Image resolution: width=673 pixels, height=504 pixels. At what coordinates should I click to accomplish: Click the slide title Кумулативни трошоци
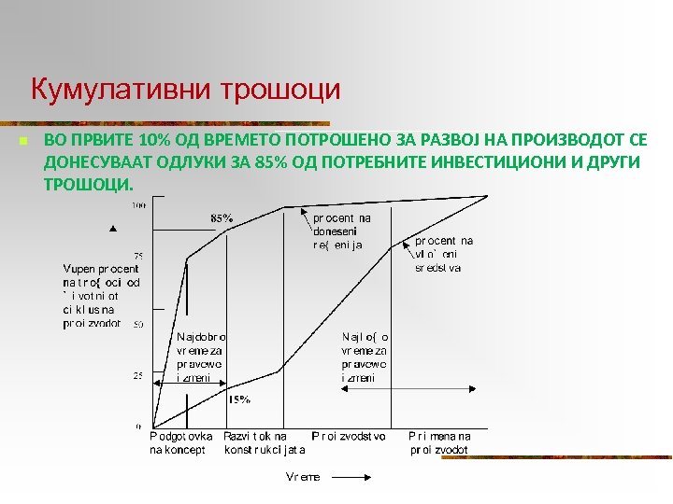185,91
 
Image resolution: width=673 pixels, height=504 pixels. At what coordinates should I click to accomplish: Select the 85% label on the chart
222,218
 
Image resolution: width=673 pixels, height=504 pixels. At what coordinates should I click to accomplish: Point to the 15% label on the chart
239,399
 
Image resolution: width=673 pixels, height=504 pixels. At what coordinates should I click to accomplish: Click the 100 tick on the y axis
138,204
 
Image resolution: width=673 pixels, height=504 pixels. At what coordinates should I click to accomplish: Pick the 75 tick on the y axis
138,256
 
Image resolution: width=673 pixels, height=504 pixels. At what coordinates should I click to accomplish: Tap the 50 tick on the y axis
137,325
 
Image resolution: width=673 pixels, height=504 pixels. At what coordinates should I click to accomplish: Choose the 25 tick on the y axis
137,375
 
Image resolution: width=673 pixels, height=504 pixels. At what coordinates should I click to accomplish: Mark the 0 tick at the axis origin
139,426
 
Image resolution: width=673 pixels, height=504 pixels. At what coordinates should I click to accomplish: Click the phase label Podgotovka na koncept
180,442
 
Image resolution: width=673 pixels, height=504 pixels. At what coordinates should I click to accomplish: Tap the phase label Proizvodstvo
349,436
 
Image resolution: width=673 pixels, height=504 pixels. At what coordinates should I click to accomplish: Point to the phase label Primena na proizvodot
439,442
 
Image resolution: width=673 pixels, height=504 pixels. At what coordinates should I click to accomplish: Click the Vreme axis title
303,477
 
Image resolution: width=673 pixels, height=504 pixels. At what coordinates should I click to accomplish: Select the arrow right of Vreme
352,477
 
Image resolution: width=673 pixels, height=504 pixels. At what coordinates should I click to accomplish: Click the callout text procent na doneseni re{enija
342,231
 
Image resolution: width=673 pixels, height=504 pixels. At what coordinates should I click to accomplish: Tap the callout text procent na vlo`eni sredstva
444,254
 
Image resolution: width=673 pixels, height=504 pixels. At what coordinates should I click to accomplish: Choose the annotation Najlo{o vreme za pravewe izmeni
365,357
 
